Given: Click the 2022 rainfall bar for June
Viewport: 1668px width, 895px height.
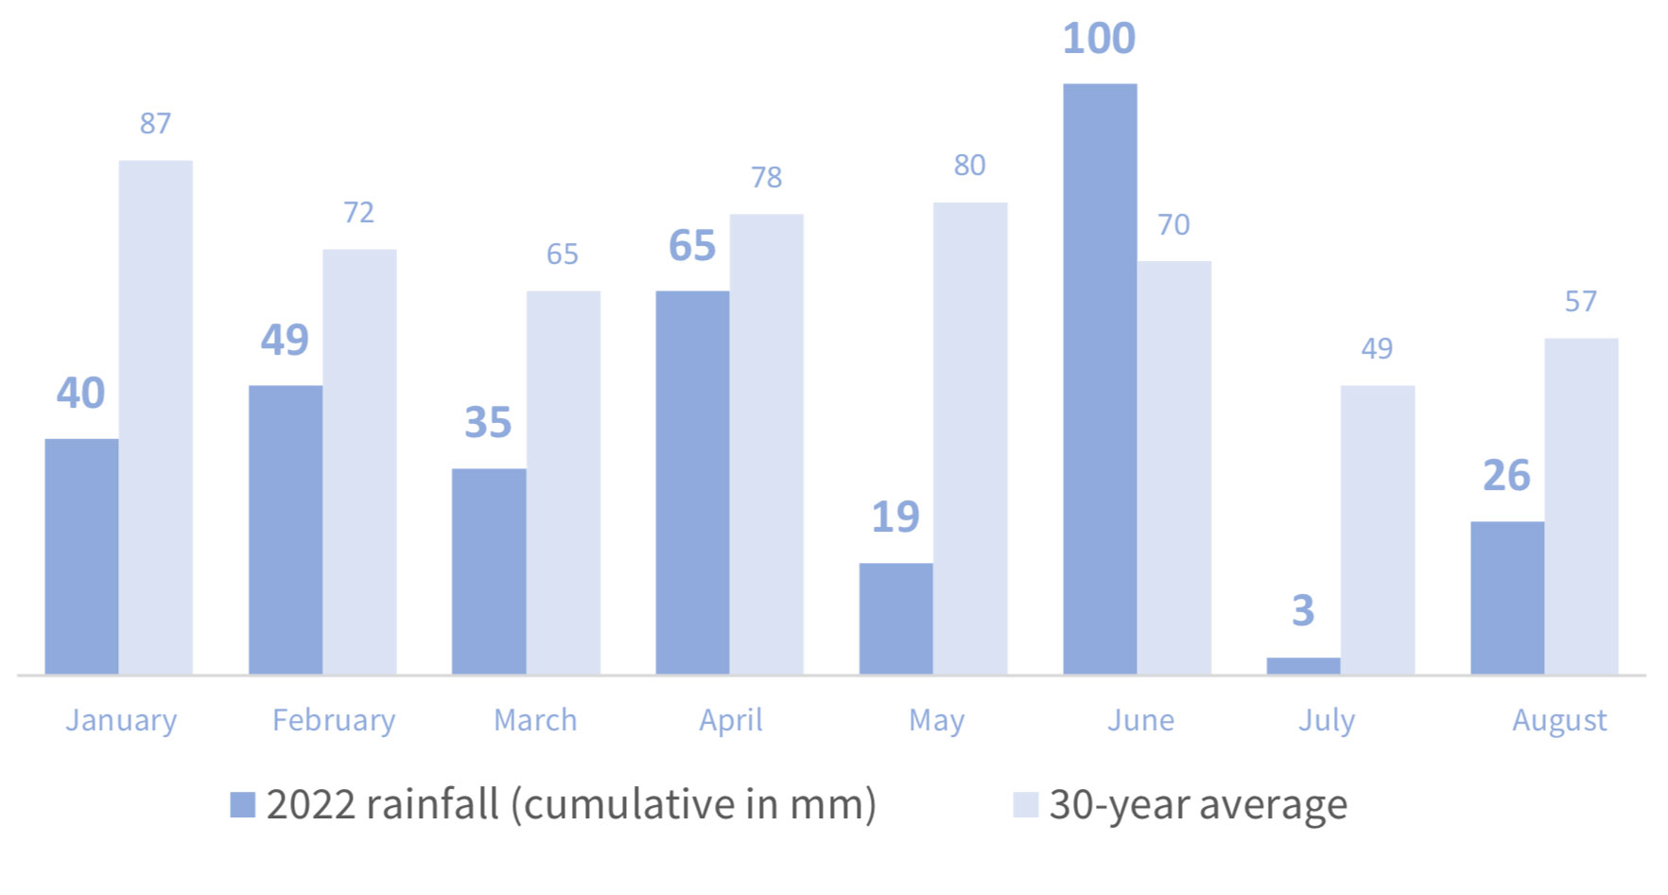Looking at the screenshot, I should click(x=1100, y=378).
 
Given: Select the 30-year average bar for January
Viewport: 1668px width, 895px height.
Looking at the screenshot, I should click(x=156, y=416).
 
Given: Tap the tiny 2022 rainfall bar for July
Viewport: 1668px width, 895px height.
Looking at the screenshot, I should click(x=1303, y=666).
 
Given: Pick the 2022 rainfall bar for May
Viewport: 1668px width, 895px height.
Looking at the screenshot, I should click(x=895, y=619).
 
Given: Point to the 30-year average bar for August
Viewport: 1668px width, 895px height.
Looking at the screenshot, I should click(x=1581, y=506).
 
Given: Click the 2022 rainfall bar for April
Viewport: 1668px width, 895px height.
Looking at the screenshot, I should click(x=692, y=483).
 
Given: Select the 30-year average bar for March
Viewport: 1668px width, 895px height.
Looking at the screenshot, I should click(x=563, y=483).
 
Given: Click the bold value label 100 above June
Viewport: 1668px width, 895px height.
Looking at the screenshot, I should click(x=1099, y=39).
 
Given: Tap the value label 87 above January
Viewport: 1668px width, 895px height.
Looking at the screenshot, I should click(x=156, y=124).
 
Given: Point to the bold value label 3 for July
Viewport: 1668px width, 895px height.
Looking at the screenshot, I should click(x=1303, y=610).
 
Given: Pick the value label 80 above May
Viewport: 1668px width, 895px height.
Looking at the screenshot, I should click(x=969, y=166).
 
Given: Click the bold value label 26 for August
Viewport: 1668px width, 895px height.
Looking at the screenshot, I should click(x=1506, y=475).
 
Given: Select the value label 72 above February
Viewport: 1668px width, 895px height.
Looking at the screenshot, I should click(x=358, y=213).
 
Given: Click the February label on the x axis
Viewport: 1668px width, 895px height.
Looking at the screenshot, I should click(x=334, y=721).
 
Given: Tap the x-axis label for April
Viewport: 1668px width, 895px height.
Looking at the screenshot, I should click(x=731, y=721).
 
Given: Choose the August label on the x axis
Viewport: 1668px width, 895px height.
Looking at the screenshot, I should click(x=1559, y=721).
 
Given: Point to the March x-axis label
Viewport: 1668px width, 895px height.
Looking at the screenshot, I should click(x=535, y=721).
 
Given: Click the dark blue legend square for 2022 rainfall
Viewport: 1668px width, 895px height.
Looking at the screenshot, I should click(x=243, y=805).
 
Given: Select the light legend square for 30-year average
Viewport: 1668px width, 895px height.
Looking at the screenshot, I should click(x=1026, y=805).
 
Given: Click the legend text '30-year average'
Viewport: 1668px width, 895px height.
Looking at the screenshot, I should click(x=1198, y=805).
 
